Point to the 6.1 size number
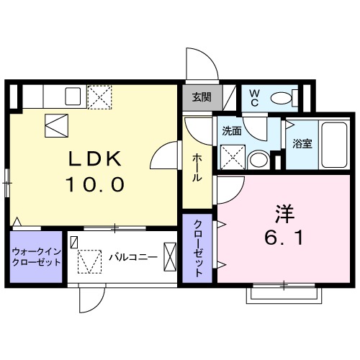click(x=284, y=236)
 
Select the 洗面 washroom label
click(x=231, y=132)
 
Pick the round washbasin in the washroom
click(x=257, y=158)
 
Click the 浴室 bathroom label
click(x=302, y=143)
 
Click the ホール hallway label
click(x=197, y=168)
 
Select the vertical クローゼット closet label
click(x=197, y=248)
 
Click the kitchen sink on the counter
click(x=73, y=95)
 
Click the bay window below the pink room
click(x=284, y=292)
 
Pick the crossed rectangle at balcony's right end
click(x=170, y=257)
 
